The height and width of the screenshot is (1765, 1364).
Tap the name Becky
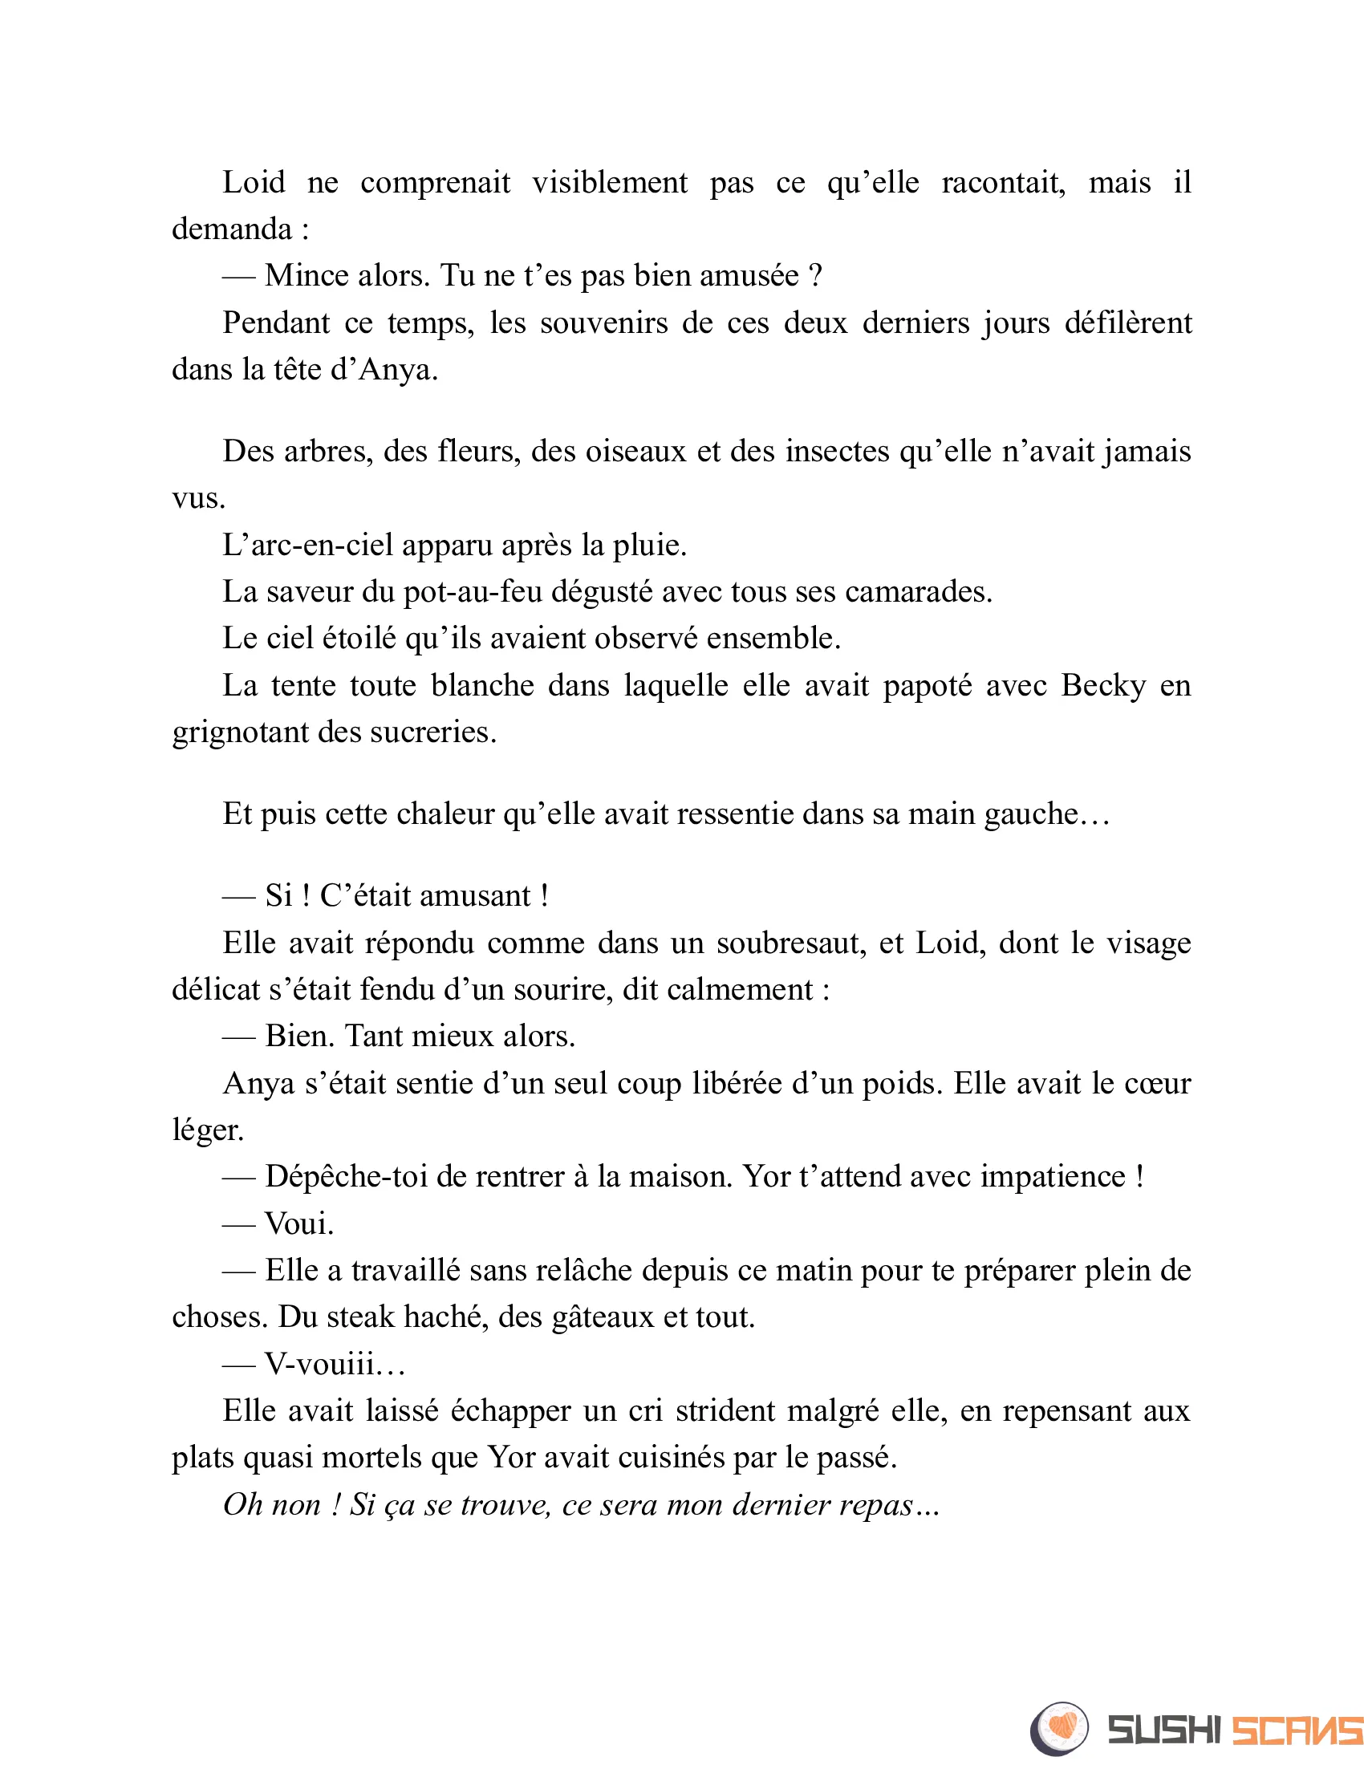point(1103,686)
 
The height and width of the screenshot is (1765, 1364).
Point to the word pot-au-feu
point(472,592)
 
